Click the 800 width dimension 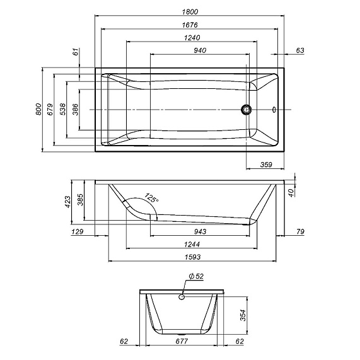pyautogui.click(x=38, y=110)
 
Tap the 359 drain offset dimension pyautogui.click(x=266, y=165)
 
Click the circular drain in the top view pyautogui.click(x=246, y=110)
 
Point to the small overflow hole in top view pyautogui.click(x=274, y=110)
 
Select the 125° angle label pyautogui.click(x=151, y=198)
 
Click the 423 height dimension pyautogui.click(x=68, y=202)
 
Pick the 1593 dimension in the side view pyautogui.click(x=193, y=257)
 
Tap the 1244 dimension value pyautogui.click(x=193, y=244)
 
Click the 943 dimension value pyautogui.click(x=200, y=231)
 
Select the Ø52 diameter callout pyautogui.click(x=195, y=277)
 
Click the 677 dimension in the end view pyautogui.click(x=182, y=342)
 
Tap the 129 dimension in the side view pyautogui.click(x=78, y=232)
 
